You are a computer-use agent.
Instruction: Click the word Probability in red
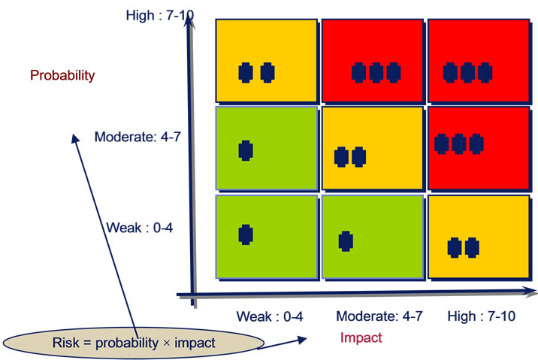coord(62,75)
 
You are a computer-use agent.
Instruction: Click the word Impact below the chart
coord(361,337)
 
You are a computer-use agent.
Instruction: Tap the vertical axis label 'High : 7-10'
coord(160,16)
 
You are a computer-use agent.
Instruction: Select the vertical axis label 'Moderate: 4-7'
coord(138,137)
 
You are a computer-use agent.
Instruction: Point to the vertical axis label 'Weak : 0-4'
coord(139,228)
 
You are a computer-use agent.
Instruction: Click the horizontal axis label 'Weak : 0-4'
coord(270,316)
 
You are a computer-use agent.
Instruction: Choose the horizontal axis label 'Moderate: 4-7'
coord(379,316)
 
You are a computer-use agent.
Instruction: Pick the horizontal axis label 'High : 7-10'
coord(482,316)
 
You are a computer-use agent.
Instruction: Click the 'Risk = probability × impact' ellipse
coord(134,343)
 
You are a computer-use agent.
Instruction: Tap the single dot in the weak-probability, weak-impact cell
coord(246,234)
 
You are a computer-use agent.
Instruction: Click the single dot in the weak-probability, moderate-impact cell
coord(346,241)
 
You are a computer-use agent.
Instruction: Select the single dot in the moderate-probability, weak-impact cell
coord(246,150)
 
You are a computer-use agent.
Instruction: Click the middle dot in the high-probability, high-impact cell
coord(467,73)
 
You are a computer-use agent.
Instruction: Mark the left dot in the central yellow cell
coord(341,157)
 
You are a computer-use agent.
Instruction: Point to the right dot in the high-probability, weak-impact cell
coord(267,73)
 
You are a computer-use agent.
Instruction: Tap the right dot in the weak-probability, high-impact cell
coord(472,247)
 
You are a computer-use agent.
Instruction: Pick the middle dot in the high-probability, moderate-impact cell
coord(376,73)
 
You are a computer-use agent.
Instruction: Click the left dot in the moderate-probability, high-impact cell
coord(442,144)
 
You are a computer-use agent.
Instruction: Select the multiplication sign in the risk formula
coord(166,343)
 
